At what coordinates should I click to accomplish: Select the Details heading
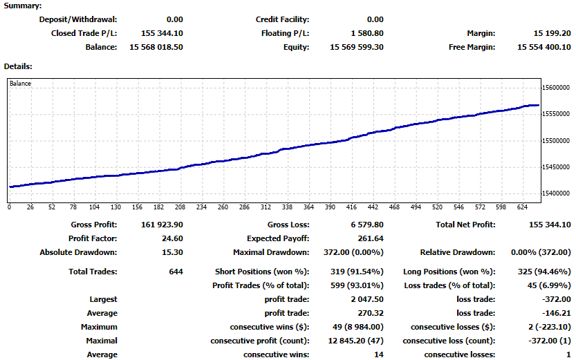click(19, 66)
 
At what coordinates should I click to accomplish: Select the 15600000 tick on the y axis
click(557, 88)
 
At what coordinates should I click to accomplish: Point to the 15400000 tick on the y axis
click(557, 193)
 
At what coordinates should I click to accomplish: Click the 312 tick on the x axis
click(265, 207)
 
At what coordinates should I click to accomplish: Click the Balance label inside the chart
click(20, 84)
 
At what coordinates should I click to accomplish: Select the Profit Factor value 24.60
click(171, 238)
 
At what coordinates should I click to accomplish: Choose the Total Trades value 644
click(176, 272)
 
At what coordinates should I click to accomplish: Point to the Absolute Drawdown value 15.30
click(172, 252)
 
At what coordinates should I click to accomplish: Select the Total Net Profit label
click(465, 225)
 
